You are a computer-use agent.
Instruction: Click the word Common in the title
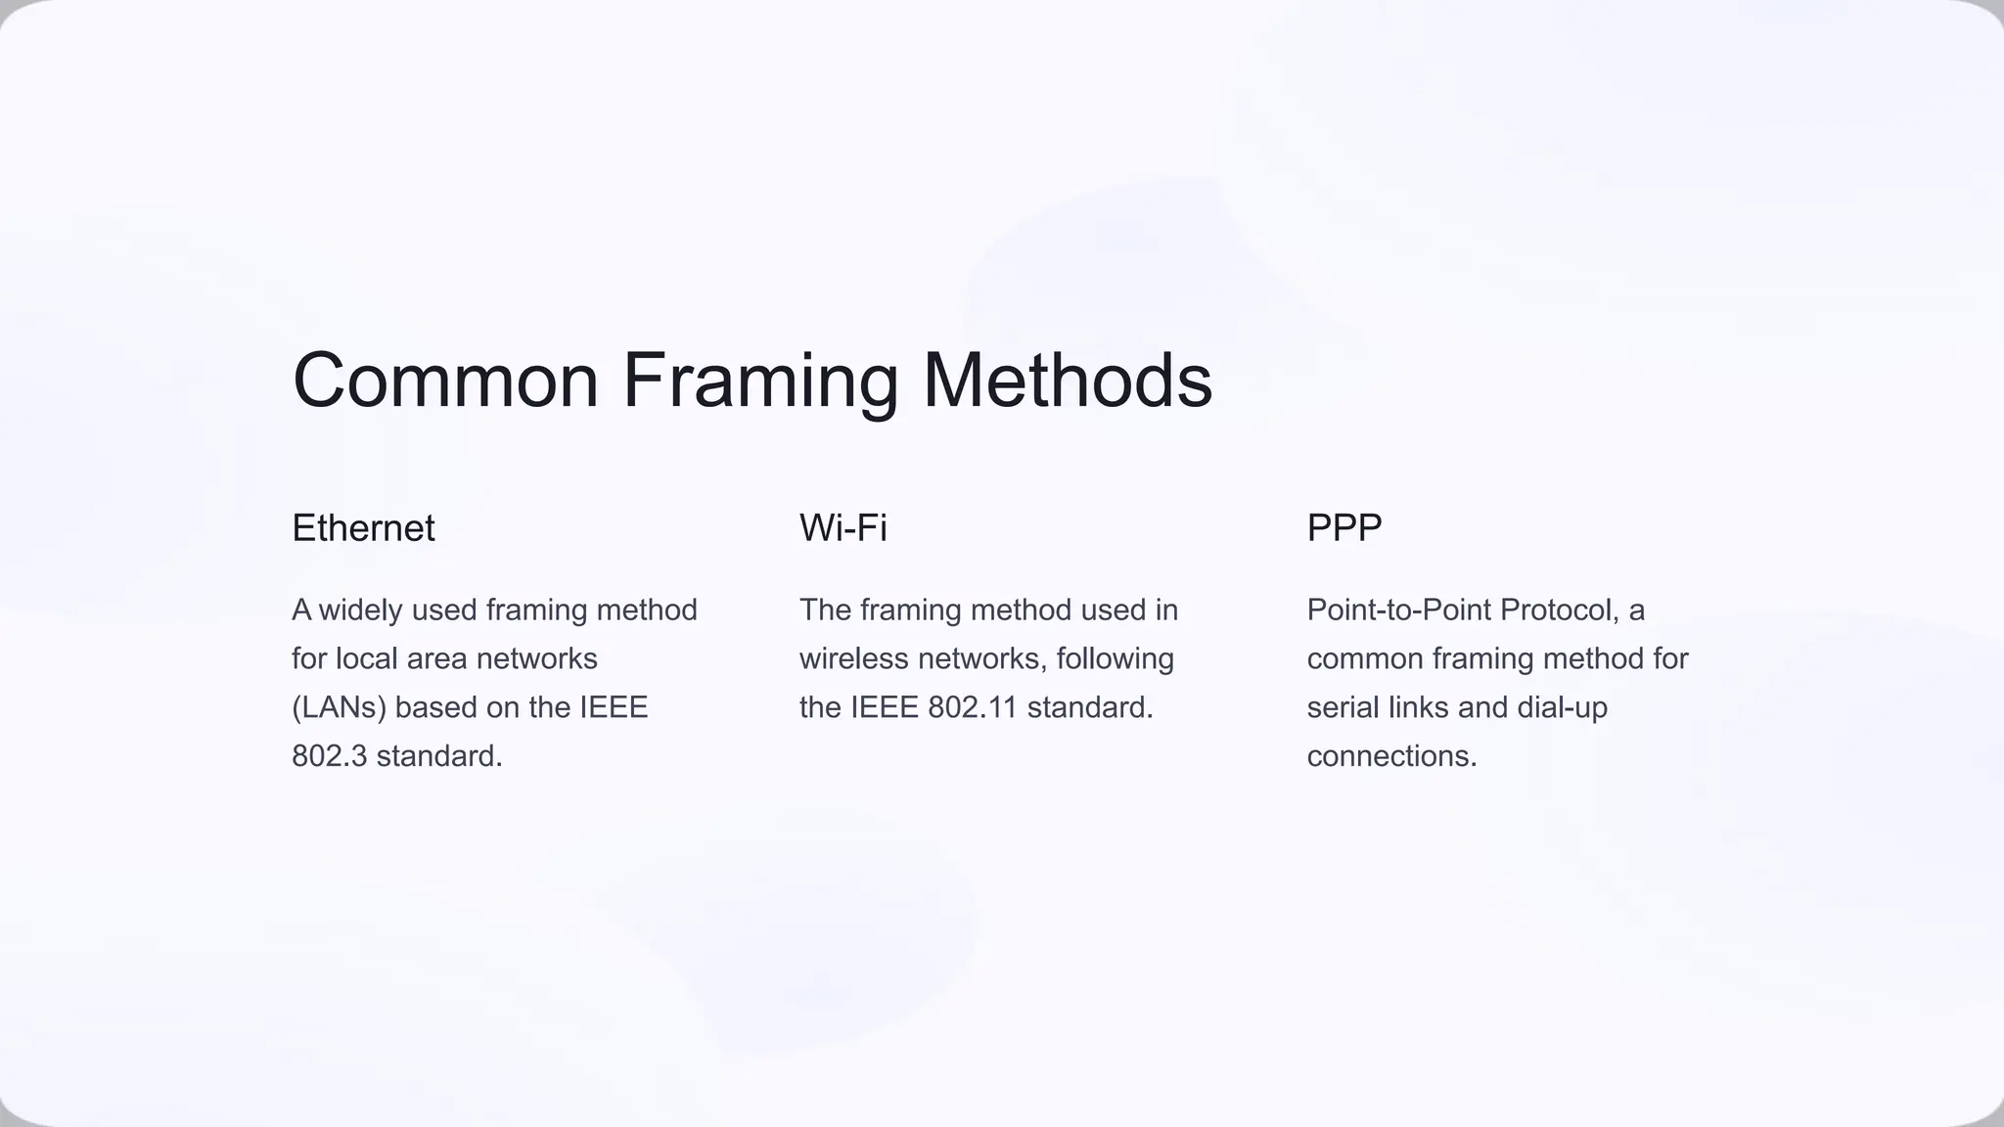tap(445, 381)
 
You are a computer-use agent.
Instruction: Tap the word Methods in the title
tap(1068, 381)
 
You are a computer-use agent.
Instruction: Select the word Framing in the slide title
tap(760, 381)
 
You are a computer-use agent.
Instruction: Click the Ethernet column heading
tap(363, 528)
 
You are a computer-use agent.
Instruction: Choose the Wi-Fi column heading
tap(843, 528)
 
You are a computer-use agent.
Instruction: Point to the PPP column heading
tap(1344, 528)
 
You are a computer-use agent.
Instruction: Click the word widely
tap(360, 610)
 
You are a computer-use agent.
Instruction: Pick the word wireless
tap(853, 658)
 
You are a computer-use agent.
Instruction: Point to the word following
tap(1115, 658)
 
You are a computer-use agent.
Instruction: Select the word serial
tap(1341, 707)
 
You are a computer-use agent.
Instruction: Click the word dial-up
tap(1562, 707)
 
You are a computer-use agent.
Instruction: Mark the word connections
tap(1391, 756)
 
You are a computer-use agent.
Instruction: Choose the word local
tap(366, 658)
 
